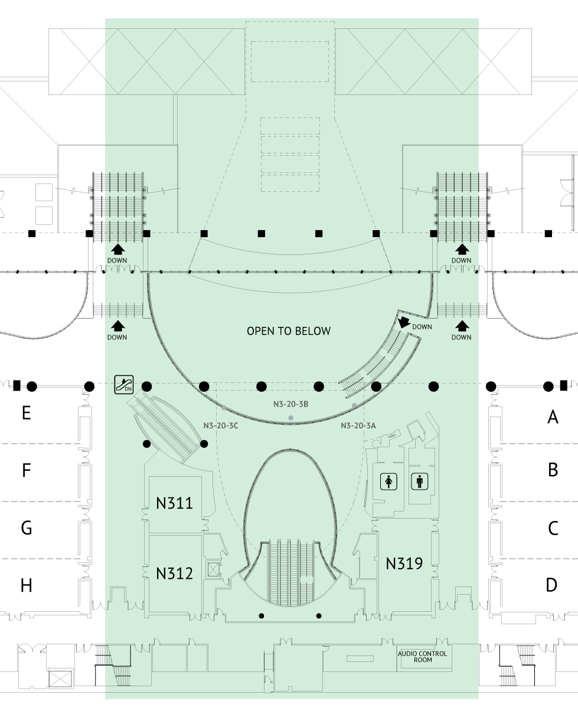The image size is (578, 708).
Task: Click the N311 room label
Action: pyautogui.click(x=174, y=504)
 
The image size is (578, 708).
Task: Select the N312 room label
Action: pyautogui.click(x=174, y=573)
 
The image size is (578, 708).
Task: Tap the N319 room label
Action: pyautogui.click(x=404, y=563)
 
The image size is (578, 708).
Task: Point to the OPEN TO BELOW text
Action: pyautogui.click(x=289, y=331)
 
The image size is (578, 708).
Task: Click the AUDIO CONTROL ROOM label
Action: pyautogui.click(x=422, y=657)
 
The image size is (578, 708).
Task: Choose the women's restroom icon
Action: pyautogui.click(x=388, y=482)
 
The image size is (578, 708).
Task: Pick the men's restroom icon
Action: pyautogui.click(x=420, y=482)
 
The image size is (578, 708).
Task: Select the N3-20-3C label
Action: pyautogui.click(x=220, y=425)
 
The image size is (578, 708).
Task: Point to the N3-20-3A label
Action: pyautogui.click(x=358, y=425)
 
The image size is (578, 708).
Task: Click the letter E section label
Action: pyautogui.click(x=26, y=413)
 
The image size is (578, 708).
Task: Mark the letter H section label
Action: pyautogui.click(x=26, y=586)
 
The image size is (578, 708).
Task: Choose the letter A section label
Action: pyautogui.click(x=553, y=418)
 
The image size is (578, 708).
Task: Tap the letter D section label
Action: pyautogui.click(x=551, y=586)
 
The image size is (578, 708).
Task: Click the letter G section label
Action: pyautogui.click(x=26, y=528)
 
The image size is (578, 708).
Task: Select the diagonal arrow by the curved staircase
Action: pyautogui.click(x=404, y=322)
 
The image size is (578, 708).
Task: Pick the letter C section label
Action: pyautogui.click(x=553, y=528)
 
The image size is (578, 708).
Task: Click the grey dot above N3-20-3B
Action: pyautogui.click(x=290, y=418)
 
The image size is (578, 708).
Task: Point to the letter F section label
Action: pyautogui.click(x=26, y=471)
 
